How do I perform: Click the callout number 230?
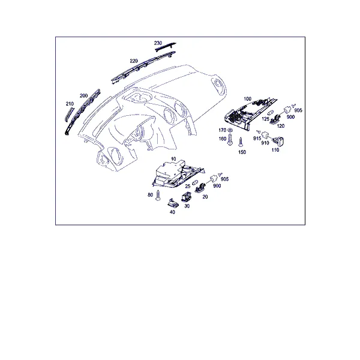pyautogui.click(x=158, y=43)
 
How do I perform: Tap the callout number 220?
pyautogui.click(x=134, y=61)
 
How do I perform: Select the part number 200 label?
pyautogui.click(x=83, y=96)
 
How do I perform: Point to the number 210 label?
pyautogui.click(x=70, y=104)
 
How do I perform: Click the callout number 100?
pyautogui.click(x=247, y=99)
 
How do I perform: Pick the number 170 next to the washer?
pyautogui.click(x=222, y=130)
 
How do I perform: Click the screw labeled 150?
pyautogui.click(x=241, y=142)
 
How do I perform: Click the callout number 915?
pyautogui.click(x=257, y=139)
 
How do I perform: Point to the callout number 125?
pyautogui.click(x=265, y=119)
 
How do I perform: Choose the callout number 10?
pyautogui.click(x=173, y=159)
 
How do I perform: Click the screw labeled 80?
pyautogui.click(x=158, y=195)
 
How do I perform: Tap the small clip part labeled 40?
pyautogui.click(x=172, y=203)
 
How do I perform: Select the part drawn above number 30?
pyautogui.click(x=186, y=197)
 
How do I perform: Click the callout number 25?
pyautogui.click(x=188, y=186)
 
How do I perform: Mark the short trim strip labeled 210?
pyautogui.click(x=69, y=114)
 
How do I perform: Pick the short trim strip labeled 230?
pyautogui.click(x=165, y=47)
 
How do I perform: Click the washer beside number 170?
pyautogui.click(x=230, y=130)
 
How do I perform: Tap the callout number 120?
pyautogui.click(x=281, y=126)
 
